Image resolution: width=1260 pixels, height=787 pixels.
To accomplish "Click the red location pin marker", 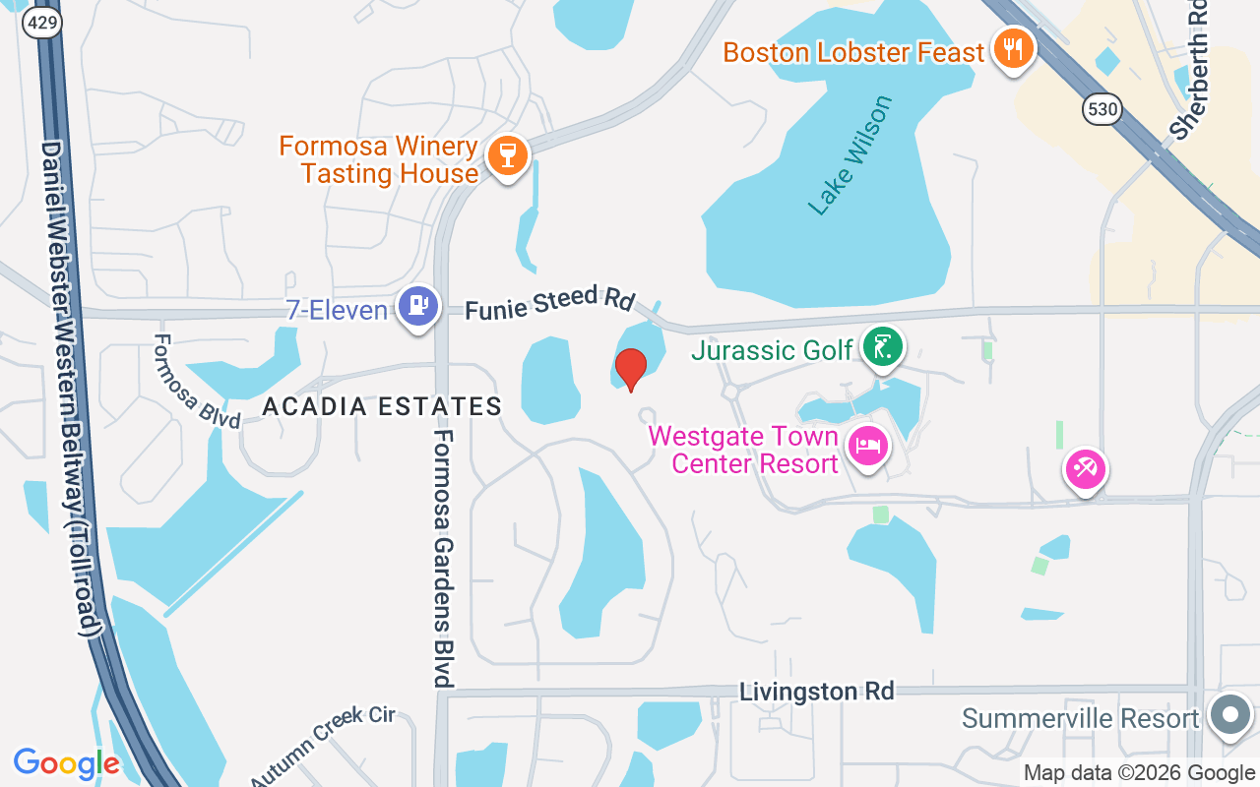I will tap(630, 369).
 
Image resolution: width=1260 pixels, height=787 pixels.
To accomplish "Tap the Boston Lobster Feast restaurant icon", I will tap(1011, 48).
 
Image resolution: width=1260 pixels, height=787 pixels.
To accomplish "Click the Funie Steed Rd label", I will tap(550, 303).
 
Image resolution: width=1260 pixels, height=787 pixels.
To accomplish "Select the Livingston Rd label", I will tap(817, 692).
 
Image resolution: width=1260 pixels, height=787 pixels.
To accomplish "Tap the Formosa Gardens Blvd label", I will tap(443, 558).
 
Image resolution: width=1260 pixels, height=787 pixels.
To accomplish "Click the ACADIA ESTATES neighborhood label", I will tap(383, 406).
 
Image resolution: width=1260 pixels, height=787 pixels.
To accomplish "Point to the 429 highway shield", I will tap(42, 24).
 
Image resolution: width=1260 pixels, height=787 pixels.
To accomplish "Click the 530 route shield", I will tap(1102, 109).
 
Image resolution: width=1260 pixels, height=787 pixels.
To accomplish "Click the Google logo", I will tap(66, 763).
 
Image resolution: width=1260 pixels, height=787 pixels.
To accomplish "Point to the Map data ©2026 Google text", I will tap(1139, 773).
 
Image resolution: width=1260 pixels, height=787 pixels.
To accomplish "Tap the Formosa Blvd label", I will tap(197, 381).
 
